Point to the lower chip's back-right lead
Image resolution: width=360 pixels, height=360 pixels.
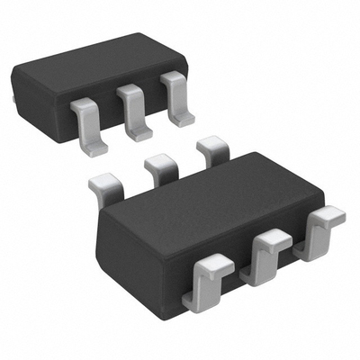pyautogui.click(x=212, y=148)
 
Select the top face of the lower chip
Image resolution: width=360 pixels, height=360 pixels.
pyautogui.click(x=211, y=193)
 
